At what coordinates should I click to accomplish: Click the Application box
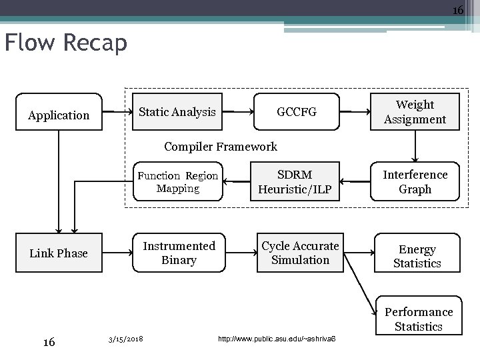click(x=59, y=115)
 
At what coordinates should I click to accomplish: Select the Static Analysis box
click(x=177, y=112)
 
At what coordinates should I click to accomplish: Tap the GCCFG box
click(x=297, y=112)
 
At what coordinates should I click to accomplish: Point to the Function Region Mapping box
click(x=177, y=181)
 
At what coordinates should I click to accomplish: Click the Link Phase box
click(x=59, y=253)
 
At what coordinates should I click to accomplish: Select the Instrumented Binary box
click(x=179, y=253)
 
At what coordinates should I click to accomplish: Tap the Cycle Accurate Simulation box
click(x=300, y=253)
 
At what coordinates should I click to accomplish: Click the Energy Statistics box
click(x=417, y=256)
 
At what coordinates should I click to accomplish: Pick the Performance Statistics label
click(x=419, y=319)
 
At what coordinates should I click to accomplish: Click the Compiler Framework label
click(x=220, y=146)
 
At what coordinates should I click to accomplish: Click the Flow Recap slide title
click(x=65, y=43)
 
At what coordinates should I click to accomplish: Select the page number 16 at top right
click(x=457, y=10)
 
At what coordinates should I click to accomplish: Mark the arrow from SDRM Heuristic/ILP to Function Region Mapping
click(x=236, y=180)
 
